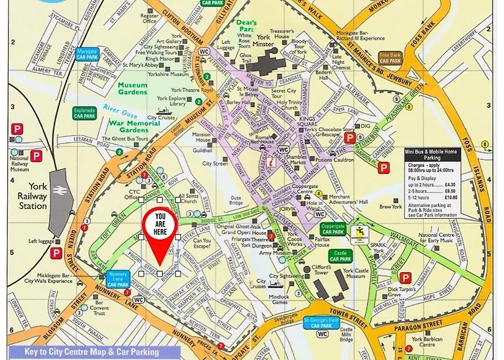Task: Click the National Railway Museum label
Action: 19,160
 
